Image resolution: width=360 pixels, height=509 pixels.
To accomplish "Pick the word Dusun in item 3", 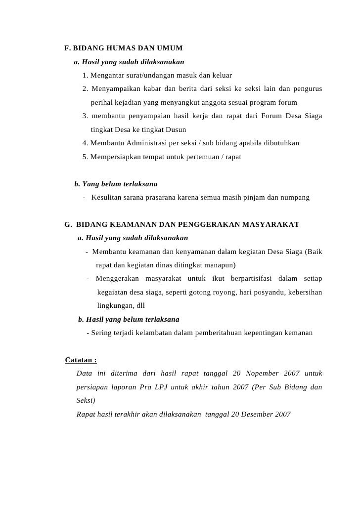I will [x=175, y=130].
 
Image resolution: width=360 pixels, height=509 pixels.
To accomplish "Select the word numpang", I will [x=296, y=198].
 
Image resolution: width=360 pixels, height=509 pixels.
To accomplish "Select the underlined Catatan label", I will [x=81, y=360].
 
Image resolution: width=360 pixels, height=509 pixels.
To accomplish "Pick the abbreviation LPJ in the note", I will [x=160, y=387].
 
